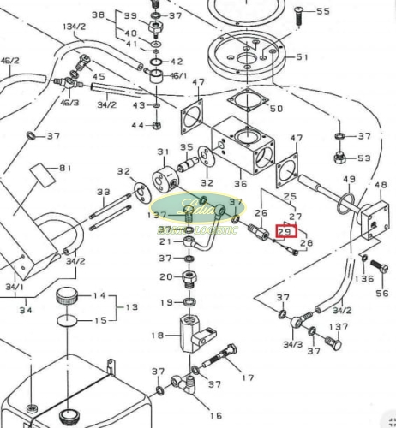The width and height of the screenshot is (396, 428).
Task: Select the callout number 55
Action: [x=323, y=11]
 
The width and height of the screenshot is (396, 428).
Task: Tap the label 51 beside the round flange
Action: [x=302, y=57]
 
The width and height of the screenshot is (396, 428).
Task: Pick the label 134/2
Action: [x=75, y=27]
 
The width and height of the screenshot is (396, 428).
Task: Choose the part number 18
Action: [x=157, y=336]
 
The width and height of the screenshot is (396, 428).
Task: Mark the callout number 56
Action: [x=381, y=293]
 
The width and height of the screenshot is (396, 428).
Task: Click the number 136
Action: [x=366, y=278]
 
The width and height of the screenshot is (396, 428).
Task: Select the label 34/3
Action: [x=293, y=344]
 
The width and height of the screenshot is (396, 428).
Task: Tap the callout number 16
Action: [x=216, y=415]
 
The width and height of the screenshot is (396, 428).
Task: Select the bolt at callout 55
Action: [x=297, y=11]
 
